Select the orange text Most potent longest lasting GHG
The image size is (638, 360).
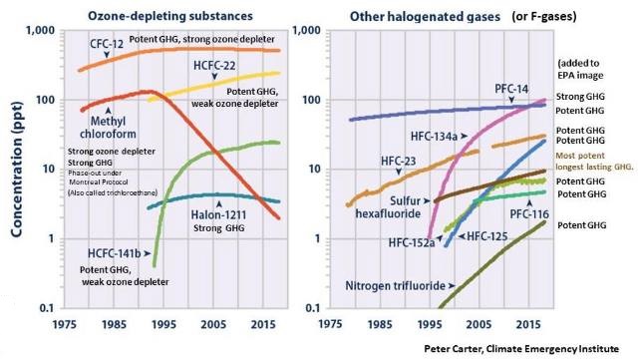pos(594,162)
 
